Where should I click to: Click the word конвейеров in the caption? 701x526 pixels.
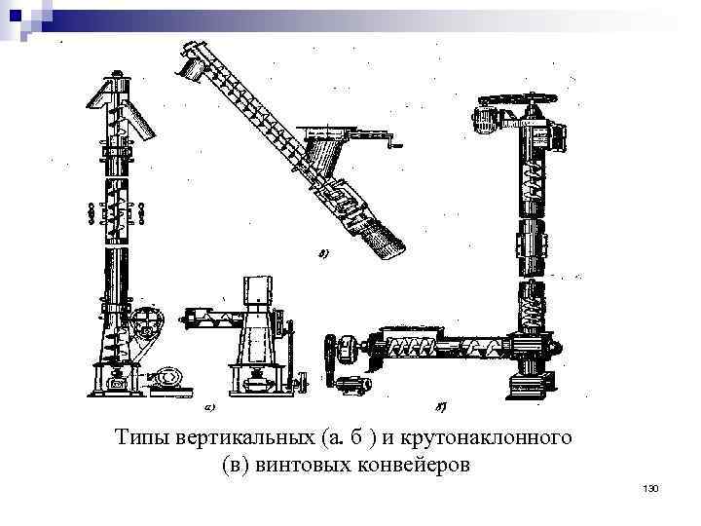tap(415, 465)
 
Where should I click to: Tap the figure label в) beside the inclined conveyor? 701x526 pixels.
tap(324, 255)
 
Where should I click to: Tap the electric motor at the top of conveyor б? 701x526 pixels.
tap(485, 121)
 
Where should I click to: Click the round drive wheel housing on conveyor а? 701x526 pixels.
tap(146, 325)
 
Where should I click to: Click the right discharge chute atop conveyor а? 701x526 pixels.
tap(143, 121)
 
